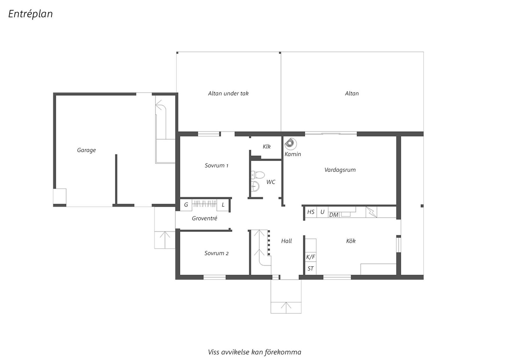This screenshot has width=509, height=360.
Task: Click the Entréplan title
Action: [x=30, y=14]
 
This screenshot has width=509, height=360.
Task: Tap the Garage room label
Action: [x=86, y=150]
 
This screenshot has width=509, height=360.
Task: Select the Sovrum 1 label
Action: [x=216, y=166]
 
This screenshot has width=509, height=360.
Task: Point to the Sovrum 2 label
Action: [x=216, y=253]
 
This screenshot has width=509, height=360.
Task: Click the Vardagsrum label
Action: [x=340, y=170]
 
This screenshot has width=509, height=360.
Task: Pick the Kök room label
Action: [x=351, y=241]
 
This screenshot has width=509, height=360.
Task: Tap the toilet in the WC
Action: [x=258, y=175]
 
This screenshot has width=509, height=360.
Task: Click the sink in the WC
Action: [x=255, y=186]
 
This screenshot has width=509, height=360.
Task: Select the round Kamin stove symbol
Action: [x=290, y=144]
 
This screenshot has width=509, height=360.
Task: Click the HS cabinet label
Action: [x=311, y=212]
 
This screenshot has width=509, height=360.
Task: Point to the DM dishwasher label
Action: [x=334, y=215]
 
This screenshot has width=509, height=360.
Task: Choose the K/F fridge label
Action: [x=311, y=257]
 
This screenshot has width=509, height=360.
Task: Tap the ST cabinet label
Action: [x=311, y=268]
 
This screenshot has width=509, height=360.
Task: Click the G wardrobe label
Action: [x=186, y=205]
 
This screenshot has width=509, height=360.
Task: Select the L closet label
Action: [x=223, y=205]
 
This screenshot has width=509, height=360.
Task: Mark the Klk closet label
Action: [x=267, y=146]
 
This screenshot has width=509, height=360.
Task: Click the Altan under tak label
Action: [x=228, y=93]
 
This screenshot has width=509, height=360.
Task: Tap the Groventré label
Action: [x=205, y=218]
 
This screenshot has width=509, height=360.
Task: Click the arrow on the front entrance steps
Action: [x=286, y=306]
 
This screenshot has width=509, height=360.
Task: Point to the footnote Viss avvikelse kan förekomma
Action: [x=254, y=352]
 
